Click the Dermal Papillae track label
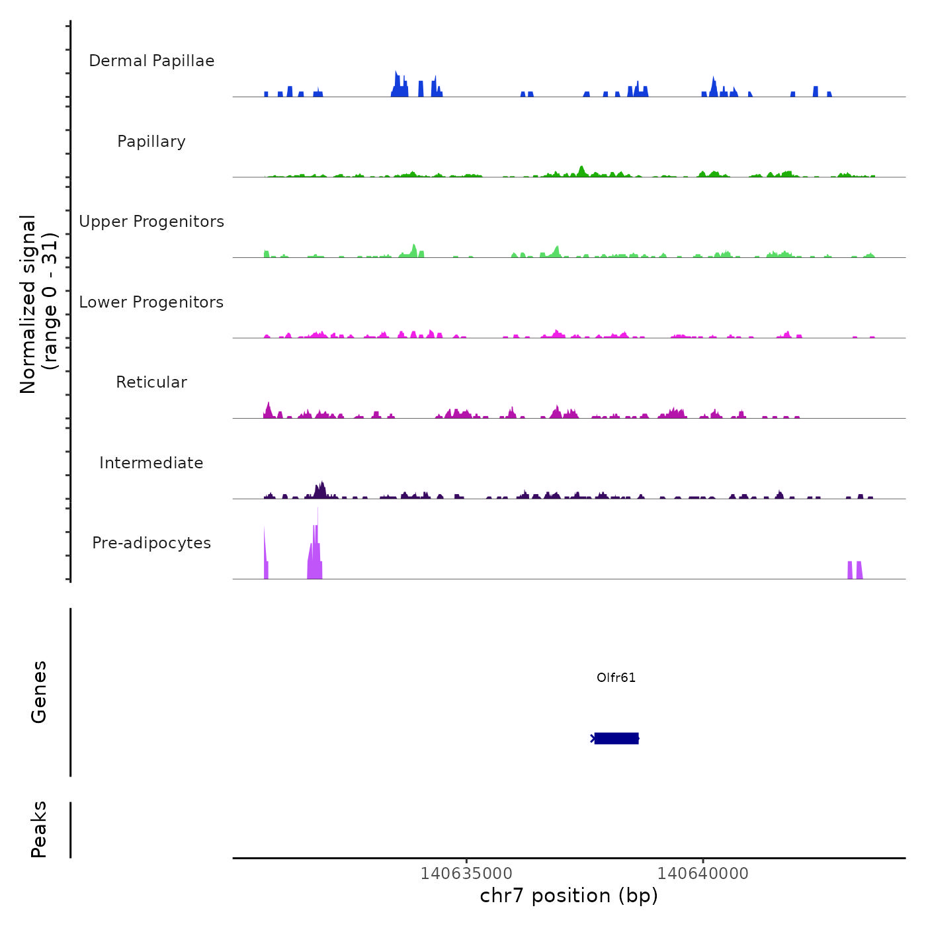point(151,61)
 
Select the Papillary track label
point(151,142)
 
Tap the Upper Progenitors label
point(151,222)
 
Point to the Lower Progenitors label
point(151,302)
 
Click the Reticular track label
point(151,382)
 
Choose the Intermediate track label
point(151,463)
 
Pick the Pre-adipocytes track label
point(151,543)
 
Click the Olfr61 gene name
point(616,677)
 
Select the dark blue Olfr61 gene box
point(616,738)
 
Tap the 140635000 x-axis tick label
point(466,873)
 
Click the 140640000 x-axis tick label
point(703,873)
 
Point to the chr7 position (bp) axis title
point(569,896)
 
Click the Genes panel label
point(39,692)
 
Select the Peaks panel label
point(39,829)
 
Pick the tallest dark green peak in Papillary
point(581,170)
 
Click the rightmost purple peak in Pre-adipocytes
point(859,569)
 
